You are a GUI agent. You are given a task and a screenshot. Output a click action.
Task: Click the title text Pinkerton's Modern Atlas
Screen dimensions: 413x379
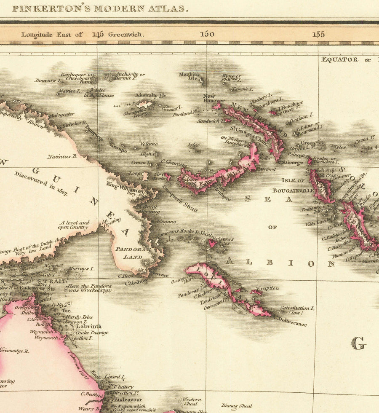pyautogui.click(x=100, y=8)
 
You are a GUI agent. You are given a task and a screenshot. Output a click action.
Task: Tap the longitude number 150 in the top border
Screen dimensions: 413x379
pyautogui.click(x=207, y=34)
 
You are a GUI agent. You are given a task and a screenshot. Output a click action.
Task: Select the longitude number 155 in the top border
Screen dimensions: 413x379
pyautogui.click(x=318, y=34)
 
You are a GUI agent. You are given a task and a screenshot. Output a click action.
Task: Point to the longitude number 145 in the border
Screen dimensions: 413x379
pyautogui.click(x=98, y=34)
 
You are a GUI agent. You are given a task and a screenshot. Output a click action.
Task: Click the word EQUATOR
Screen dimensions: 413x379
pyautogui.click(x=340, y=59)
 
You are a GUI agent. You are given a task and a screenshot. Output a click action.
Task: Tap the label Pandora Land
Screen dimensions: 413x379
pyautogui.click(x=133, y=252)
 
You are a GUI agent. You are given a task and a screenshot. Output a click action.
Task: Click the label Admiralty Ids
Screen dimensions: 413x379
pyautogui.click(x=150, y=95)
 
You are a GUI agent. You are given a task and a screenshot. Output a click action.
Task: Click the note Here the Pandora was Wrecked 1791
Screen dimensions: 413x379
pyautogui.click(x=89, y=288)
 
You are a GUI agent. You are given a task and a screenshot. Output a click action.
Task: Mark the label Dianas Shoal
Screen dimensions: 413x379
pyautogui.click(x=237, y=406)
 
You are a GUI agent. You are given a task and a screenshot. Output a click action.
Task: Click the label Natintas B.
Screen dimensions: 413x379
pyautogui.click(x=62, y=156)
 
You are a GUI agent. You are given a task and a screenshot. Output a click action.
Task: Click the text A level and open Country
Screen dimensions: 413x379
pyautogui.click(x=74, y=225)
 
